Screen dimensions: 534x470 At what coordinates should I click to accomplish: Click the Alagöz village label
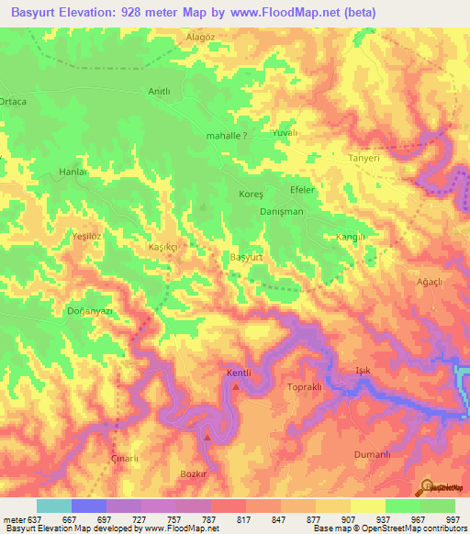coord(200,37)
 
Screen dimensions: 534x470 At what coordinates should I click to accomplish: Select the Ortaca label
coord(13,101)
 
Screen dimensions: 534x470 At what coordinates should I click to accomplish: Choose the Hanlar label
coord(73,172)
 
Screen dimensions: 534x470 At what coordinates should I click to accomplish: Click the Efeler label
coord(302,189)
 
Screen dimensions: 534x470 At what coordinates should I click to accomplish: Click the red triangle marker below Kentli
coord(236,386)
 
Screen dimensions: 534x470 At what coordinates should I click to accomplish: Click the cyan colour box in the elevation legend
coord(54,506)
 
